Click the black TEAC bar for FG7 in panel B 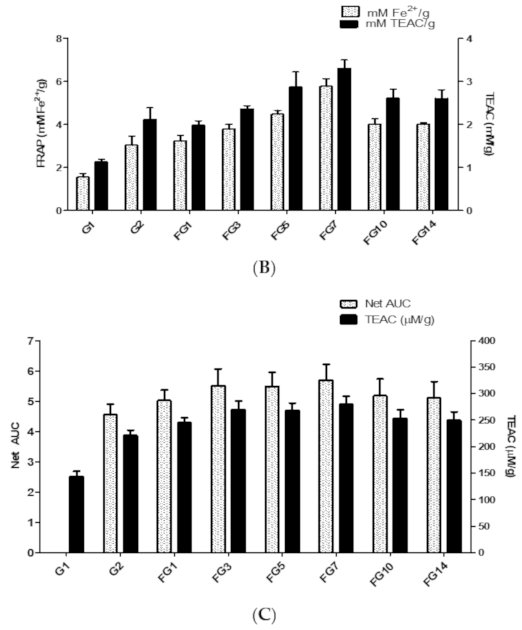[344, 140]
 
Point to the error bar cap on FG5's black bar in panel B [296, 72]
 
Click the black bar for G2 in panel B [150, 165]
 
